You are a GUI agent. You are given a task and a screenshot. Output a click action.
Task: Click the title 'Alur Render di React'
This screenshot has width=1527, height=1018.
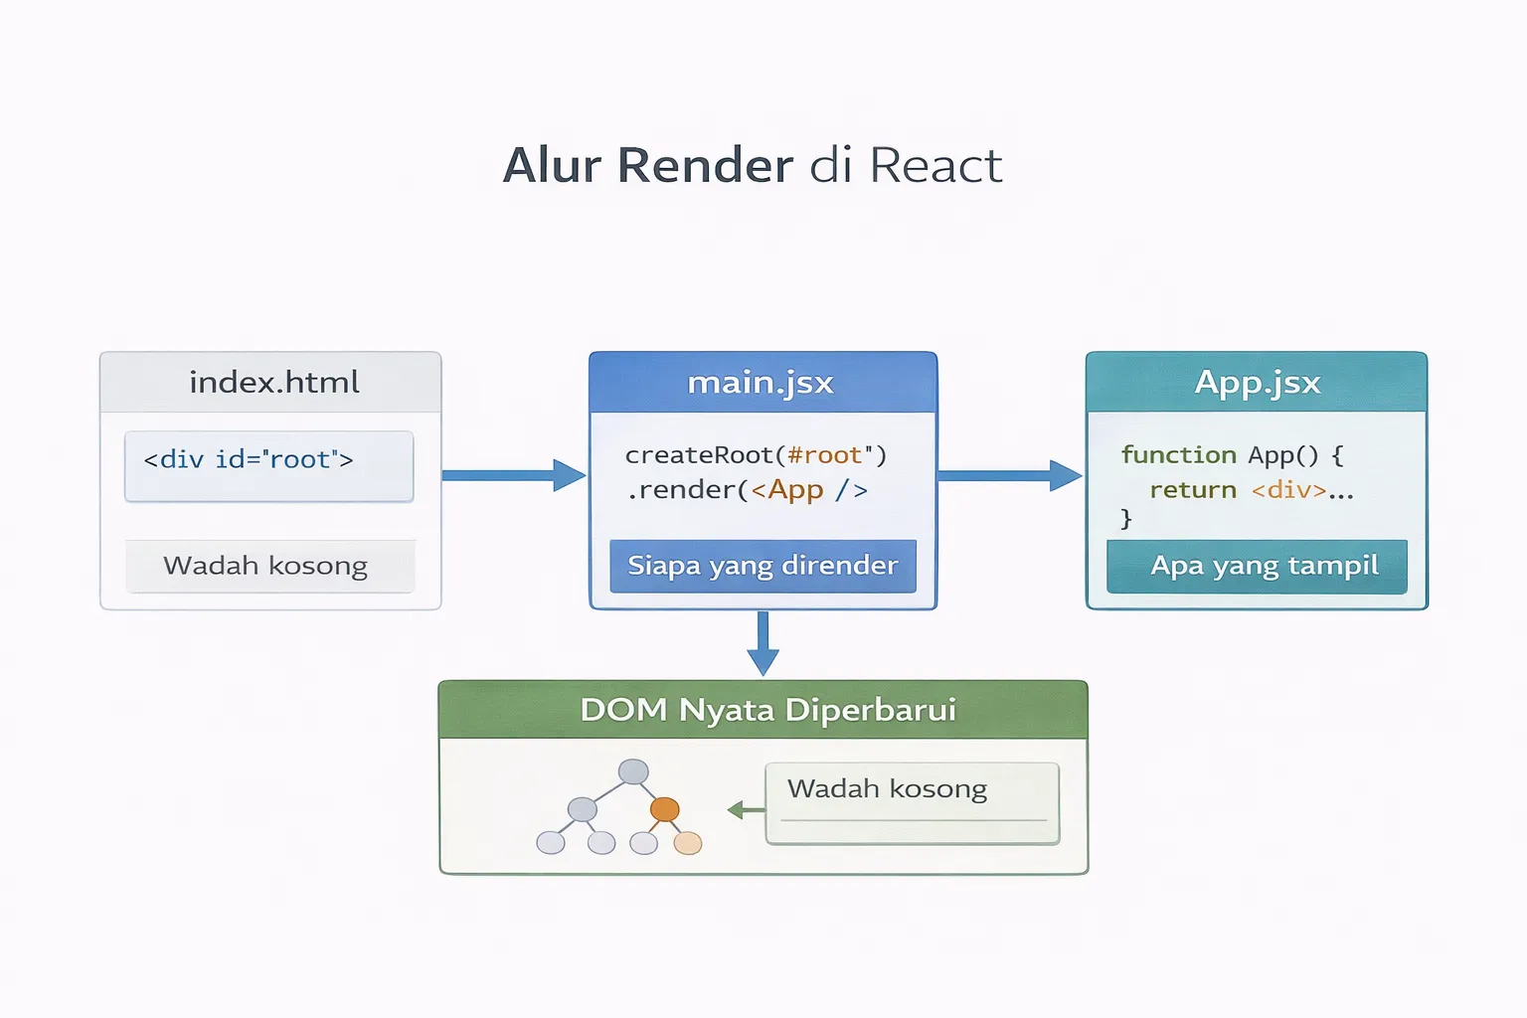pyautogui.click(x=753, y=165)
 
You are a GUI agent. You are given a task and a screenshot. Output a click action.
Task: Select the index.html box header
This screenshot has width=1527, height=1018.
pyautogui.click(x=271, y=383)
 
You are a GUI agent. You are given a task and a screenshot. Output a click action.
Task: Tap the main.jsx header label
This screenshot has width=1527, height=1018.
pyautogui.click(x=761, y=383)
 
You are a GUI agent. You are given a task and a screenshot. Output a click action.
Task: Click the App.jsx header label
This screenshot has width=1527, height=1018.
pyautogui.click(x=1257, y=383)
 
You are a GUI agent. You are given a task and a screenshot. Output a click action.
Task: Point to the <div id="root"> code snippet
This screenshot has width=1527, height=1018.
pyautogui.click(x=249, y=460)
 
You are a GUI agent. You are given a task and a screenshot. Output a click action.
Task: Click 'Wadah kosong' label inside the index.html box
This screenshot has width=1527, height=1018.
pyautogui.click(x=266, y=566)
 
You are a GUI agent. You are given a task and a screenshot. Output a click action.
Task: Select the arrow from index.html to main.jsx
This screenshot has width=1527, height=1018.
pyautogui.click(x=513, y=475)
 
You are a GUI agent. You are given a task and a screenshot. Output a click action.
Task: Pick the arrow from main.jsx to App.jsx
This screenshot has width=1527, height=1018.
pyautogui.click(x=1009, y=475)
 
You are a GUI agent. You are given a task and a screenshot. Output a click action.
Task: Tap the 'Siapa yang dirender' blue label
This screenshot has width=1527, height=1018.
pyautogui.click(x=763, y=566)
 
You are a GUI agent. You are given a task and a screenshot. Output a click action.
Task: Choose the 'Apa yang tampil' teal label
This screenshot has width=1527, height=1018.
pyautogui.click(x=1263, y=566)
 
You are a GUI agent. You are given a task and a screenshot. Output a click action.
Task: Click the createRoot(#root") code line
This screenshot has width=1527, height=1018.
pyautogui.click(x=755, y=455)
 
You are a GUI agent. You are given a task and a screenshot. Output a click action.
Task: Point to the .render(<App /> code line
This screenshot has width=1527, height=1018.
pyautogui.click(x=748, y=490)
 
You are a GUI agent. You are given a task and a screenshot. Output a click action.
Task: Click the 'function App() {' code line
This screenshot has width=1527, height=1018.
pyautogui.click(x=1232, y=455)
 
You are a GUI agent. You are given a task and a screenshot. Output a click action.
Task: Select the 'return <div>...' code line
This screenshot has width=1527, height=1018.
pyautogui.click(x=1251, y=490)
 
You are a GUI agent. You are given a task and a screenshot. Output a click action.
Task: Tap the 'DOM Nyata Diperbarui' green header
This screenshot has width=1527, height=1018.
pyautogui.click(x=767, y=710)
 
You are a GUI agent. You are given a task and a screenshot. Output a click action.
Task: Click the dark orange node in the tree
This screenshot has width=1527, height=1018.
pyautogui.click(x=664, y=809)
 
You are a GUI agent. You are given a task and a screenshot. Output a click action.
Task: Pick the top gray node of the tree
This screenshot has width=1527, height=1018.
pyautogui.click(x=633, y=771)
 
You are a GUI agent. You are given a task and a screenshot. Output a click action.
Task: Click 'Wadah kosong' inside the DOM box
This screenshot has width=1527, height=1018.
pyautogui.click(x=887, y=789)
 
